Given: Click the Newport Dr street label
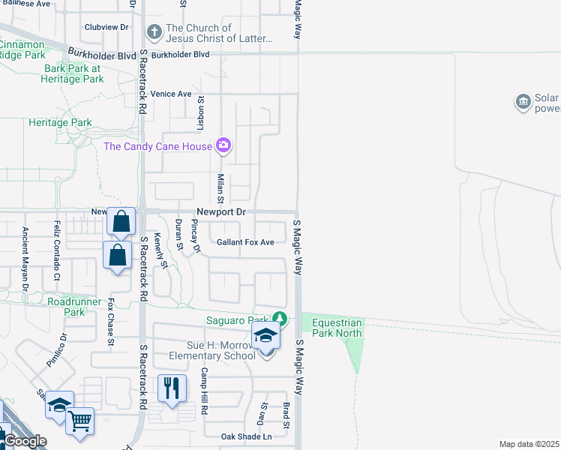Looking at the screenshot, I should coord(221,212).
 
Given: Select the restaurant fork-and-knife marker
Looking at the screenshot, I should coord(172,388).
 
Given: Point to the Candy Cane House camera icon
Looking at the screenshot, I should coord(223,145).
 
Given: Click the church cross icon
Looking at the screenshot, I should coord(154,32).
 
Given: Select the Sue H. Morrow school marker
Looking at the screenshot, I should coord(265,336).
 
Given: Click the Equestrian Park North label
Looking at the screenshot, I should coord(337,328).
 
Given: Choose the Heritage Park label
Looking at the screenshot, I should coord(60,122).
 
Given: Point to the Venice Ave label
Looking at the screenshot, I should coord(171,94).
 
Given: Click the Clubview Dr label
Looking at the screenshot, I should coord(107,27).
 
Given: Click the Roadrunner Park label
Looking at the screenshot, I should coord(76,306).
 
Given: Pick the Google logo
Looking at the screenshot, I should coord(25,441).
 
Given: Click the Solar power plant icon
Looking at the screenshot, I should coord(523,101).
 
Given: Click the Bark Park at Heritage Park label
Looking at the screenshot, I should coord(73,73).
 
